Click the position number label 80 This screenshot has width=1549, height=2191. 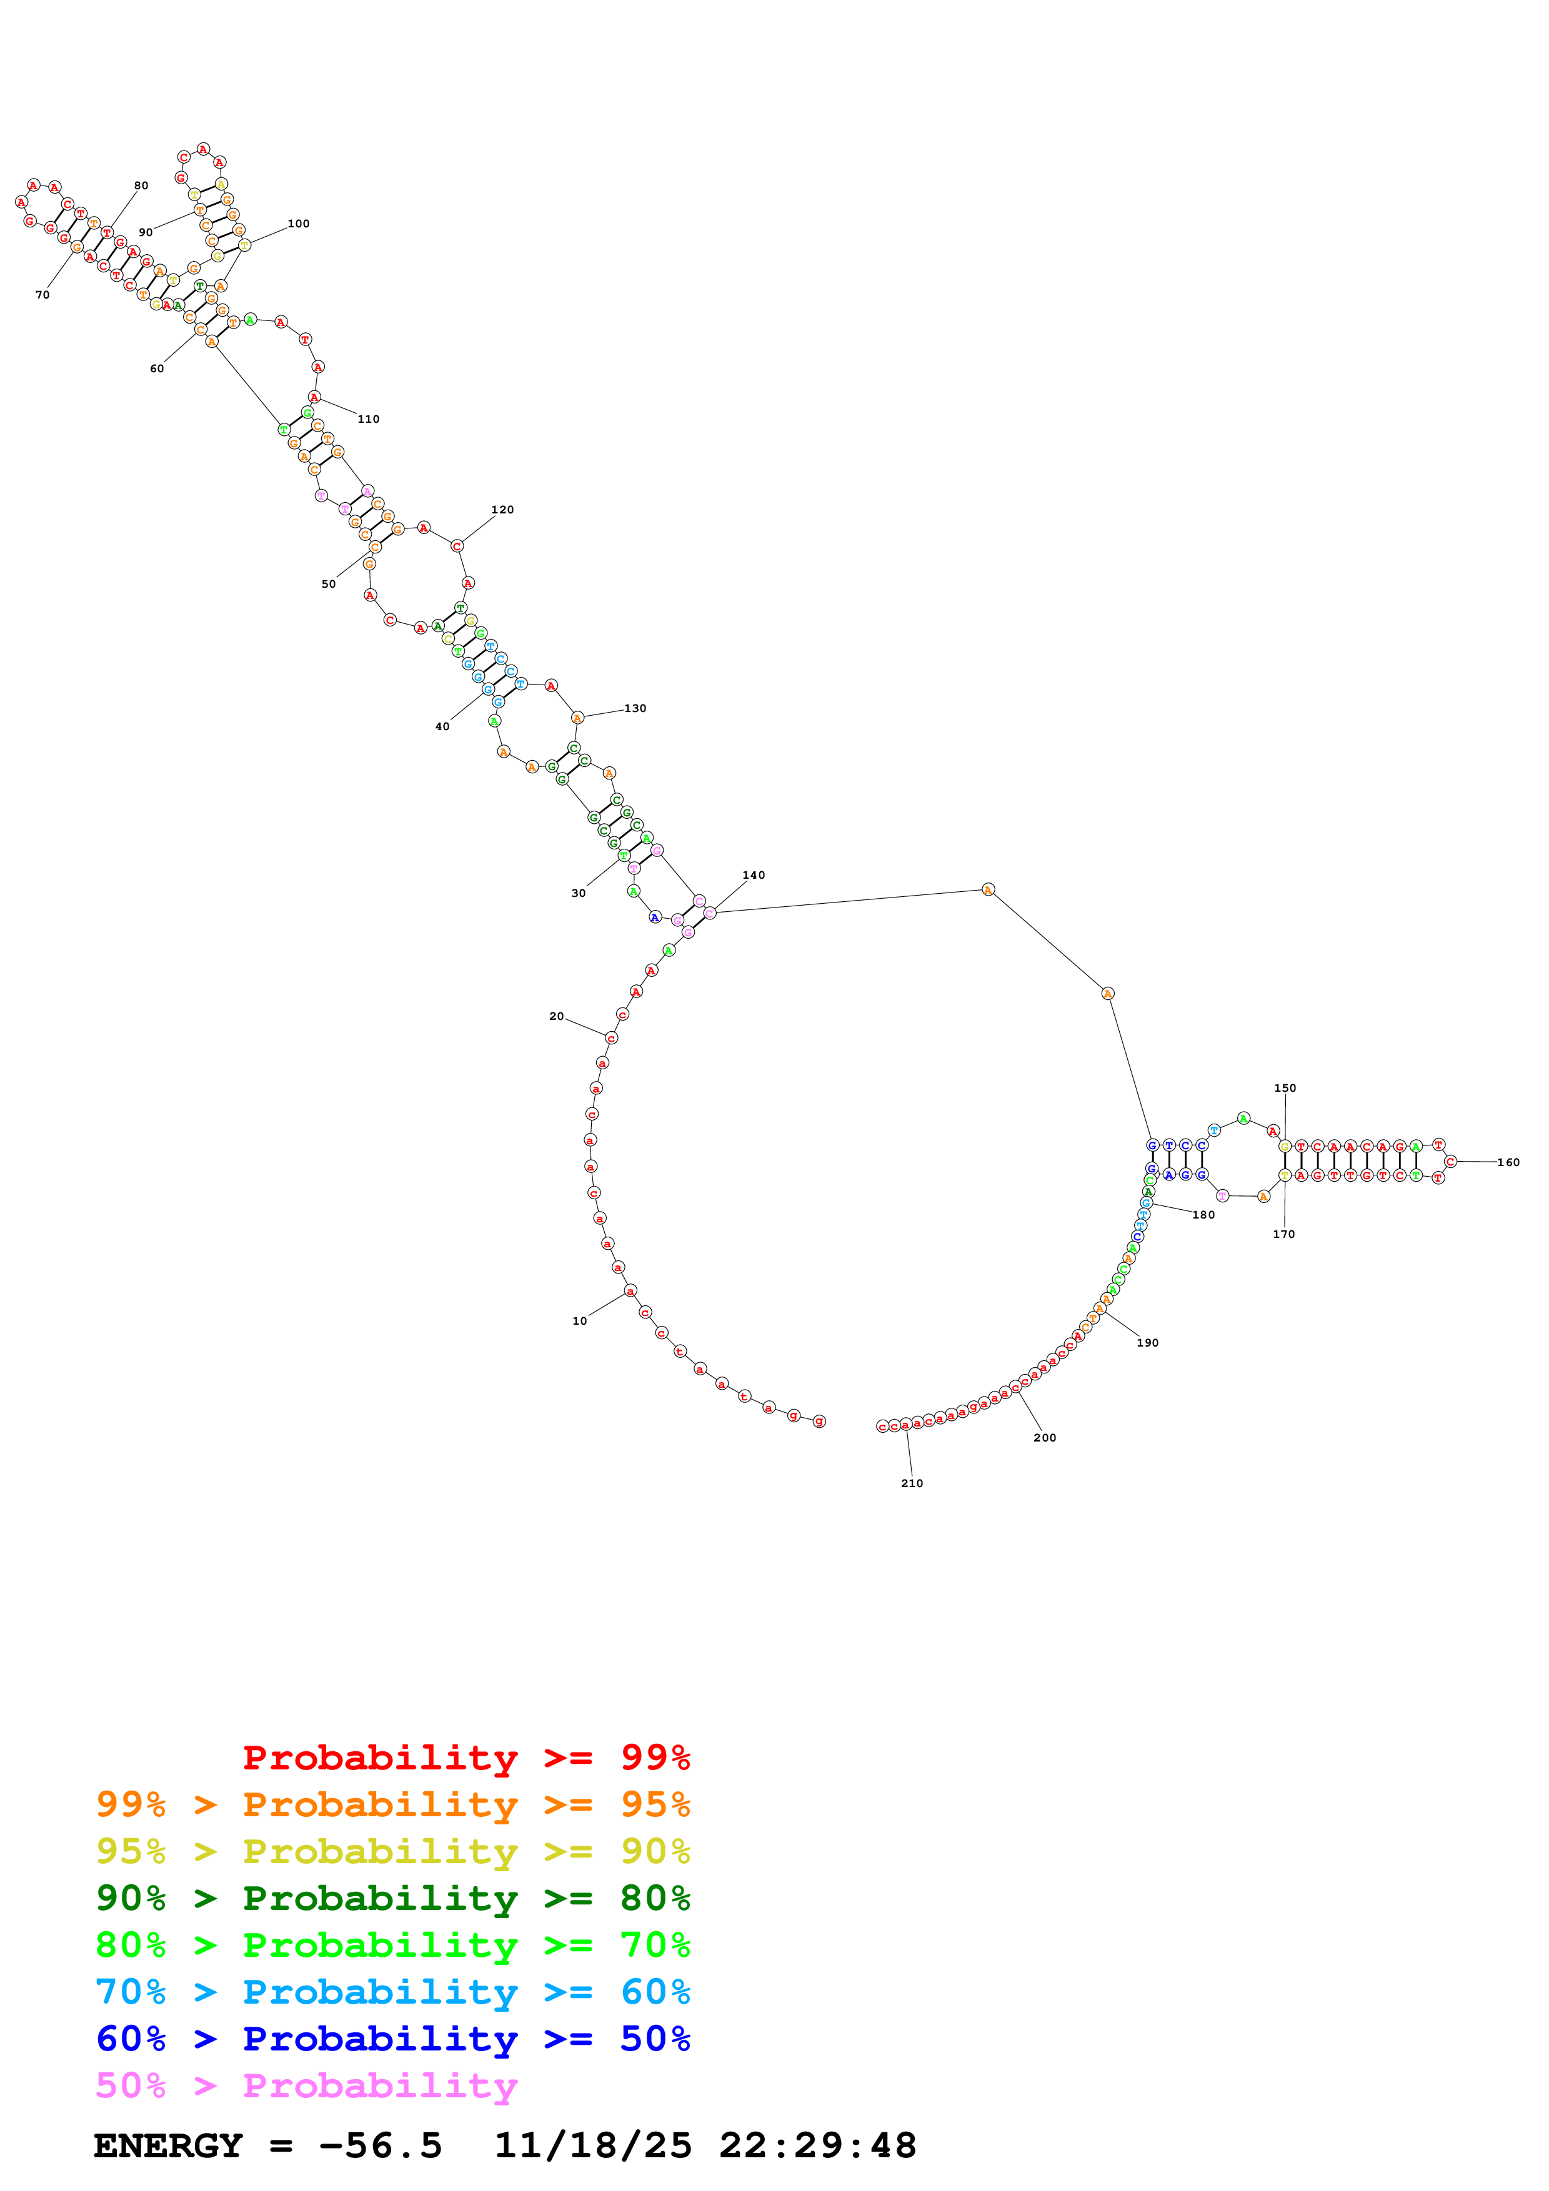coord(141,186)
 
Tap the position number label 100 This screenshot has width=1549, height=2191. coord(299,224)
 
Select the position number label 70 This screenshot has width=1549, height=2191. coord(42,295)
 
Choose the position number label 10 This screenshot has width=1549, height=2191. coord(579,1321)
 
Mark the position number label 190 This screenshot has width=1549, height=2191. coord(1147,1343)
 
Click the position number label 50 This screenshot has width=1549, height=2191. coord(328,584)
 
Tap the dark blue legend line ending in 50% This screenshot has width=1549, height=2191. coord(392,2039)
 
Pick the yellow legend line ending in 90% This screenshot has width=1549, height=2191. coord(392,1851)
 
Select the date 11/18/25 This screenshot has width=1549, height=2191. coord(593,2145)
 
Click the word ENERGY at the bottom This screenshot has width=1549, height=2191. coord(168,2145)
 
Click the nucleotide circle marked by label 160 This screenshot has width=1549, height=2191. coord(1451,1161)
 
